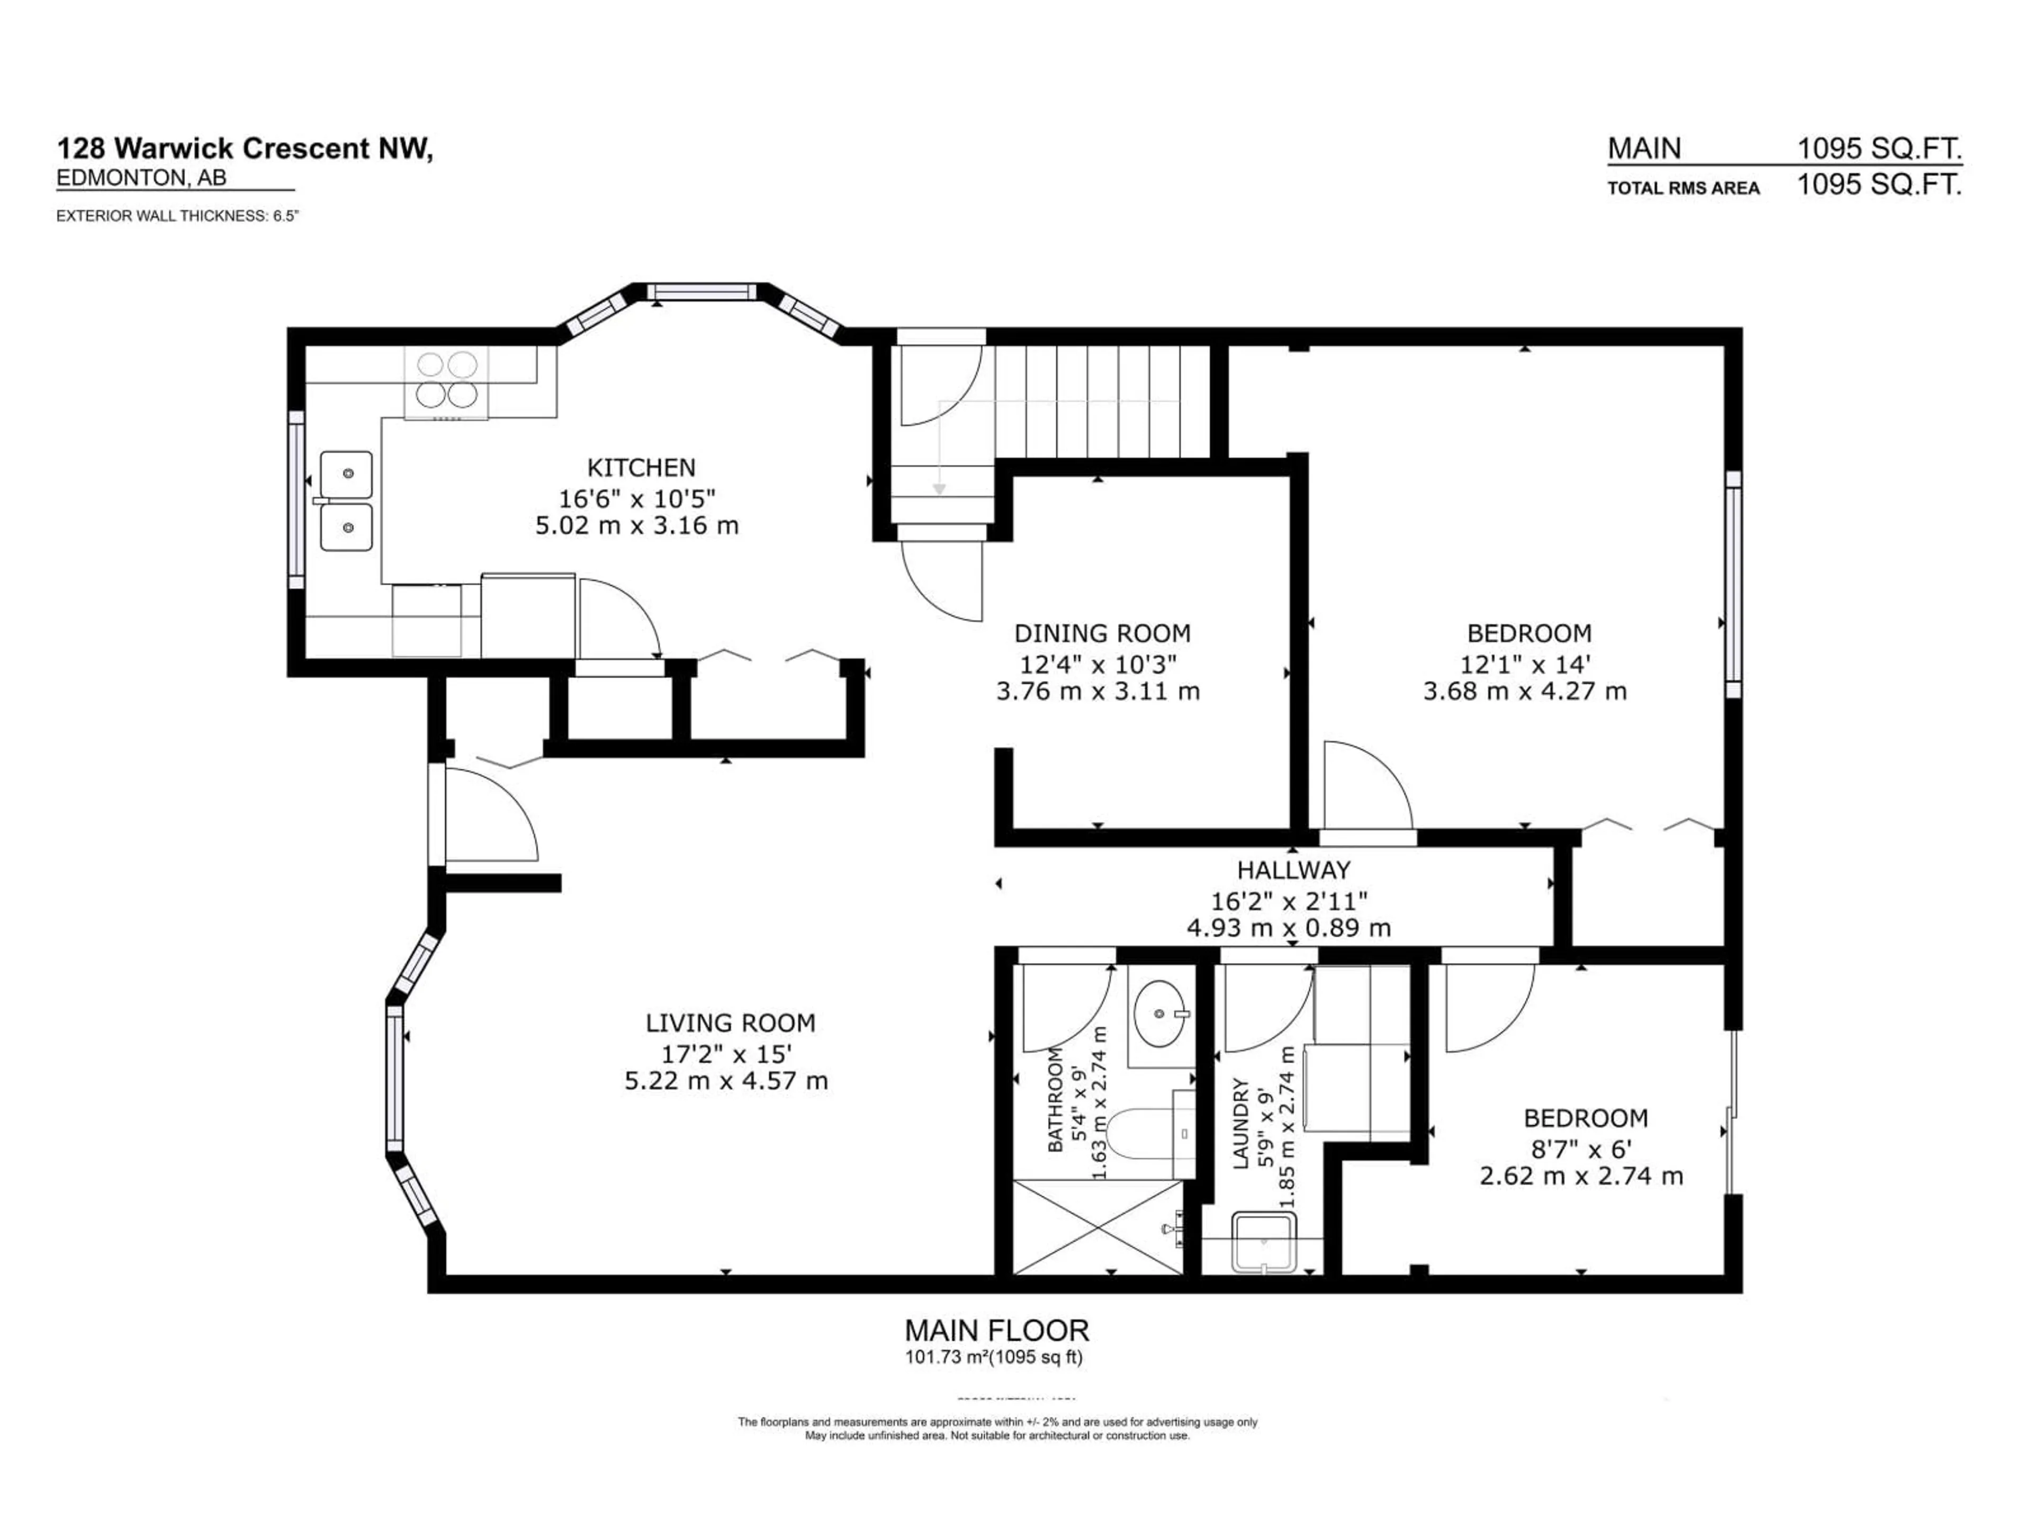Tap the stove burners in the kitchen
click(447, 380)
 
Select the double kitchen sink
click(346, 501)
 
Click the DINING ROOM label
click(1101, 633)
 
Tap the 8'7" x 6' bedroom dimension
click(1586, 1148)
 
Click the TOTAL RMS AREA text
click(1683, 189)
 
